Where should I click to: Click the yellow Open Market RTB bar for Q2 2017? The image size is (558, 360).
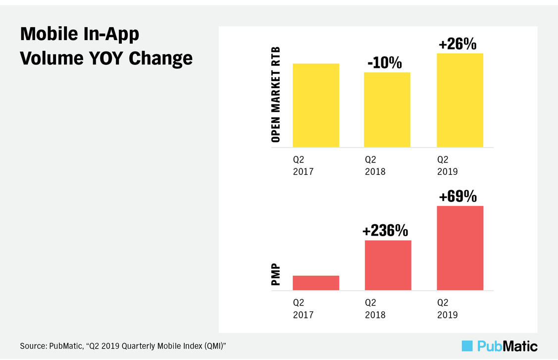tap(316, 105)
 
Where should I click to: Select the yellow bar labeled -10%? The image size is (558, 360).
tap(387, 109)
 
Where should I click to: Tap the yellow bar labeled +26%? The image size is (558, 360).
tap(460, 101)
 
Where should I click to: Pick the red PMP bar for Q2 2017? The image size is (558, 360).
tap(316, 283)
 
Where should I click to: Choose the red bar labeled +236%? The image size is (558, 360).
tap(388, 265)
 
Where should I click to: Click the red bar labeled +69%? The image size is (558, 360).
tap(460, 248)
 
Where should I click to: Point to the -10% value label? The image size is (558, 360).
tap(385, 63)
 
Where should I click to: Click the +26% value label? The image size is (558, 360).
tap(457, 44)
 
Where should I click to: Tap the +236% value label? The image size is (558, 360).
tap(385, 231)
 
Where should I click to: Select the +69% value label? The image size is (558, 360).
tap(458, 196)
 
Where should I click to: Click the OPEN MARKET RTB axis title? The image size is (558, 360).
tap(276, 95)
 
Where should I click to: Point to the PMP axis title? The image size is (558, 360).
tap(276, 274)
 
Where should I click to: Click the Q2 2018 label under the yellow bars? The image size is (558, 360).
tap(375, 165)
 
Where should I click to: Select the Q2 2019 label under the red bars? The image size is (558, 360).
tap(447, 309)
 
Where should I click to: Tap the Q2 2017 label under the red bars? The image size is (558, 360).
tap(303, 309)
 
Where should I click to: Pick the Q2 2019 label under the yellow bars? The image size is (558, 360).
tap(447, 165)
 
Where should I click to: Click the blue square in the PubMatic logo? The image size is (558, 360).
tap(467, 346)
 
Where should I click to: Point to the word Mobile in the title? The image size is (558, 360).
tap(49, 34)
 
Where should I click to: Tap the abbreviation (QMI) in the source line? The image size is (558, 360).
tap(215, 346)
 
